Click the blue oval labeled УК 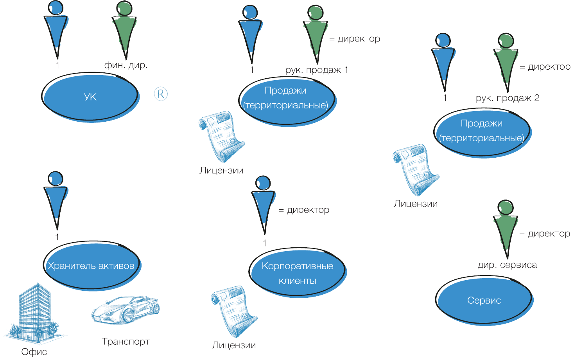tap(90, 97)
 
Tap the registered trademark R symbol tap(161, 94)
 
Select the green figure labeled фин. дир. tap(125, 31)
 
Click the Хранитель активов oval tap(91, 266)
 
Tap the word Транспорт tap(126, 342)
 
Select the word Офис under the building tap(34, 352)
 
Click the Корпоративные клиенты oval tap(298, 273)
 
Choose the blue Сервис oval tap(484, 301)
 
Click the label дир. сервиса tap(508, 265)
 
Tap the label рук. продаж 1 tap(317, 70)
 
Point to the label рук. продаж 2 tap(508, 98)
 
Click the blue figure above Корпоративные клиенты tap(263, 205)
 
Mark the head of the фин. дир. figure tap(125, 8)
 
